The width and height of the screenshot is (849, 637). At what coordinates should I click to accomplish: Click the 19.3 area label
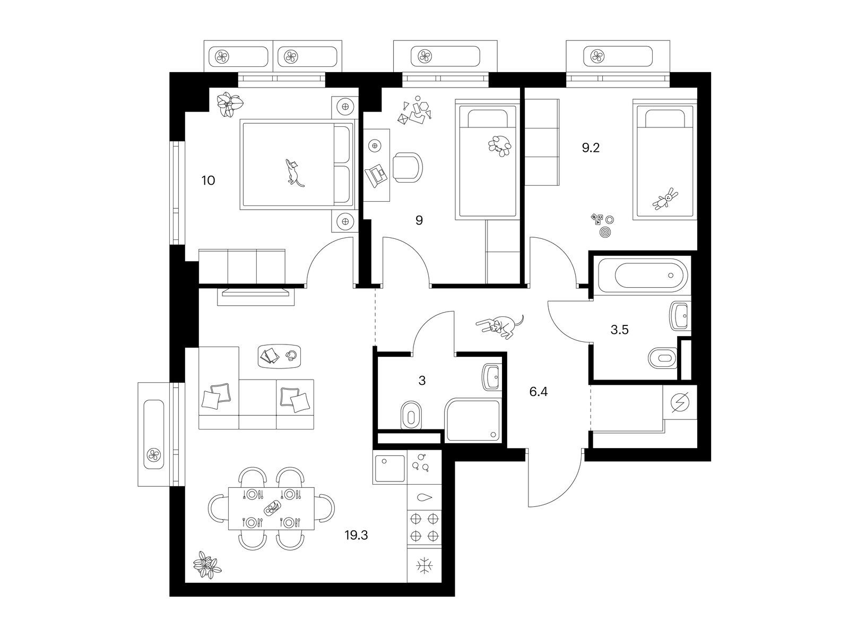point(356,535)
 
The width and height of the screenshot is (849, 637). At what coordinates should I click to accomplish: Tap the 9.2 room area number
point(591,148)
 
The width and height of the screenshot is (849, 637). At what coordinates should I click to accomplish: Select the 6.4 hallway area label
point(539,392)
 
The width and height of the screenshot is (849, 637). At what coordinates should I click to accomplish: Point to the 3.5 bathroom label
point(619,330)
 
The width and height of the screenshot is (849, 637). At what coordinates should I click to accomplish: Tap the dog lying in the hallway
point(500,325)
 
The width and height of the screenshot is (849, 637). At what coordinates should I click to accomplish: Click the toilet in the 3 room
point(410,415)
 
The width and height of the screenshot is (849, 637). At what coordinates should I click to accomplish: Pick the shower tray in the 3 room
point(473,420)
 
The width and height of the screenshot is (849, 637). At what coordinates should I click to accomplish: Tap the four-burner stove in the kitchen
point(424,527)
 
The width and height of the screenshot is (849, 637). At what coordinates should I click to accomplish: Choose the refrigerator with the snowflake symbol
point(424,566)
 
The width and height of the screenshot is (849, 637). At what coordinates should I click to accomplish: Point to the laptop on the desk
point(375,176)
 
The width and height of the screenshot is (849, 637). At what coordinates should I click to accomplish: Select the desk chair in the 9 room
point(408,167)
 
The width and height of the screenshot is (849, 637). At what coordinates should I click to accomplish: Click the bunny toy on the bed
point(665,199)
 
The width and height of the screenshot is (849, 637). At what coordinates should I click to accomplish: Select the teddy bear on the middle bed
point(500,146)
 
